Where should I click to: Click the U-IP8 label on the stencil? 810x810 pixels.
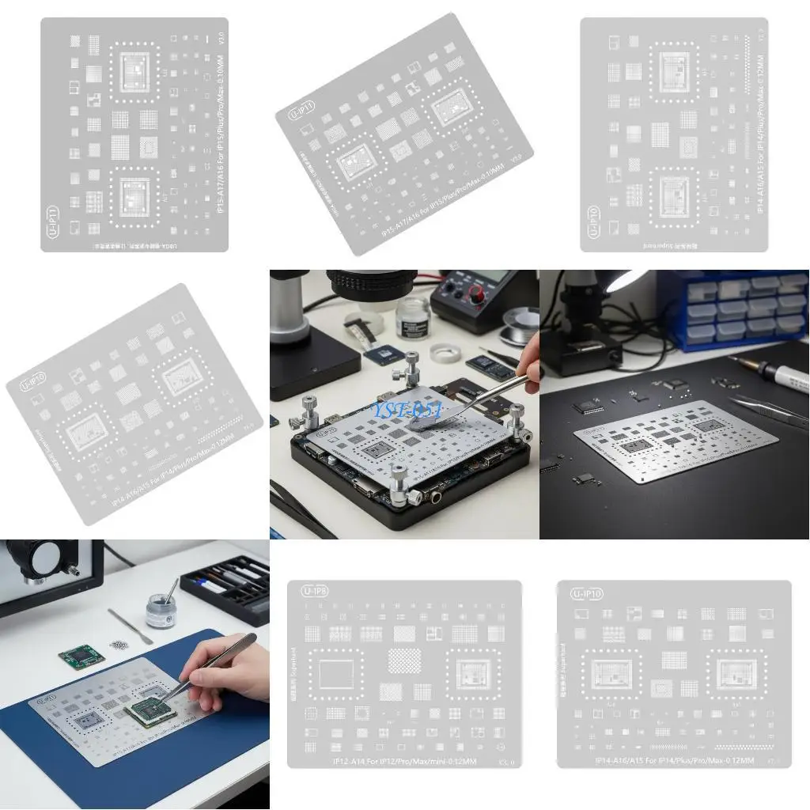tap(313, 591)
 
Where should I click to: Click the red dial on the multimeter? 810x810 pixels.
tap(476, 294)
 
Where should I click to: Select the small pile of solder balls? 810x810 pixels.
tap(119, 645)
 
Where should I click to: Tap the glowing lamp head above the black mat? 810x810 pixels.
tap(629, 278)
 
